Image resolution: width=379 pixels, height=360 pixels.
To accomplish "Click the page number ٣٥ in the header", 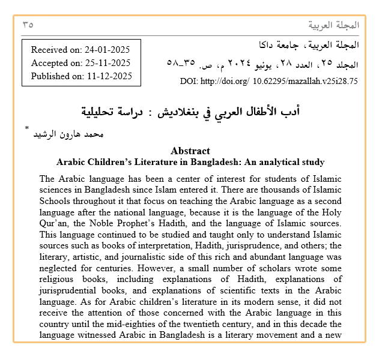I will click(x=28, y=25).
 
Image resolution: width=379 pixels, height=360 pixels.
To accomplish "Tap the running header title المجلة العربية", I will click(x=333, y=25).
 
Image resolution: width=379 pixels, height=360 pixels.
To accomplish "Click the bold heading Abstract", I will click(x=190, y=151).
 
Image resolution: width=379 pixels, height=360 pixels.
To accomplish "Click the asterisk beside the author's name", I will click(x=26, y=130).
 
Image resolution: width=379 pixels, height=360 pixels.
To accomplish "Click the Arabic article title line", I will click(x=190, y=112).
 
